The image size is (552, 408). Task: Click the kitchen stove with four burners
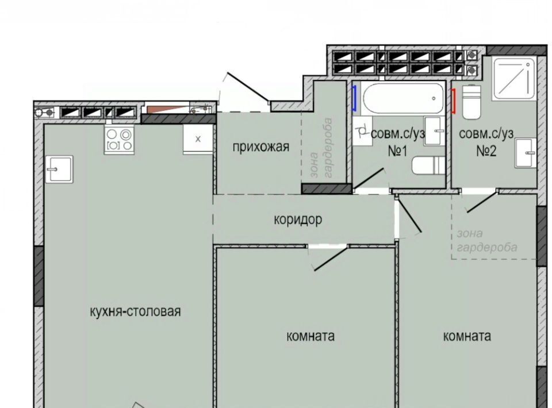tap(120, 140)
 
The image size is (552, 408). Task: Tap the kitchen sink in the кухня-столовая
tap(59, 169)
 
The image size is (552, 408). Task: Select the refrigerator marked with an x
tap(198, 139)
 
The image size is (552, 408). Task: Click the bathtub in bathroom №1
tap(402, 98)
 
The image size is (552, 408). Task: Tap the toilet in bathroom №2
tap(471, 102)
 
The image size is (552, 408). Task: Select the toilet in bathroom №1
tap(428, 165)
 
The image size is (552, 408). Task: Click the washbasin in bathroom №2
tap(526, 153)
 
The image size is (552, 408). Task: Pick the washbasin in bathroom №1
tap(435, 131)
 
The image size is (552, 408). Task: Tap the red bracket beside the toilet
tap(454, 101)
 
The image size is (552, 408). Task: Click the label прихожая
tap(261, 147)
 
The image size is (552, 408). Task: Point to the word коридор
tap(298, 220)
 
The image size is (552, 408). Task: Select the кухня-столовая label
tap(136, 311)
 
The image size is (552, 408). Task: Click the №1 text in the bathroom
tap(398, 151)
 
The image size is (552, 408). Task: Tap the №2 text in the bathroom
tap(486, 151)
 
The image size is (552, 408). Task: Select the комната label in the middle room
tap(310, 336)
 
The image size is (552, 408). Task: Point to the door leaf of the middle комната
tap(331, 259)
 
